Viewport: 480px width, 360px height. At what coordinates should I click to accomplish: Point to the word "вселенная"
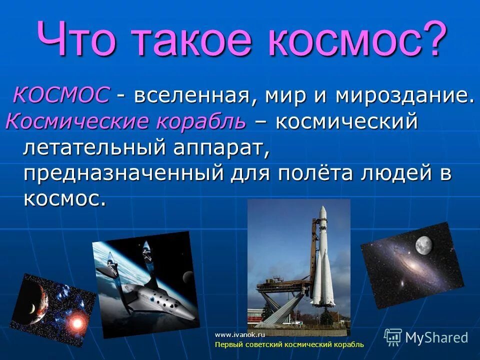coord(192,95)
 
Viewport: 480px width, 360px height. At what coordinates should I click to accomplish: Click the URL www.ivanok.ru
coord(239,334)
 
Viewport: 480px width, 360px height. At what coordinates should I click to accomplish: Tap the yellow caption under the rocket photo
coord(289,345)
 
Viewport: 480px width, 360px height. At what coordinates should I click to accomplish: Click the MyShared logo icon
coord(393,337)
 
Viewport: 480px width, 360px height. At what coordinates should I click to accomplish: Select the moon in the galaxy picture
coord(423,245)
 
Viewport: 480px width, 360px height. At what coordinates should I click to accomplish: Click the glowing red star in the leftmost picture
coord(76,322)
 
